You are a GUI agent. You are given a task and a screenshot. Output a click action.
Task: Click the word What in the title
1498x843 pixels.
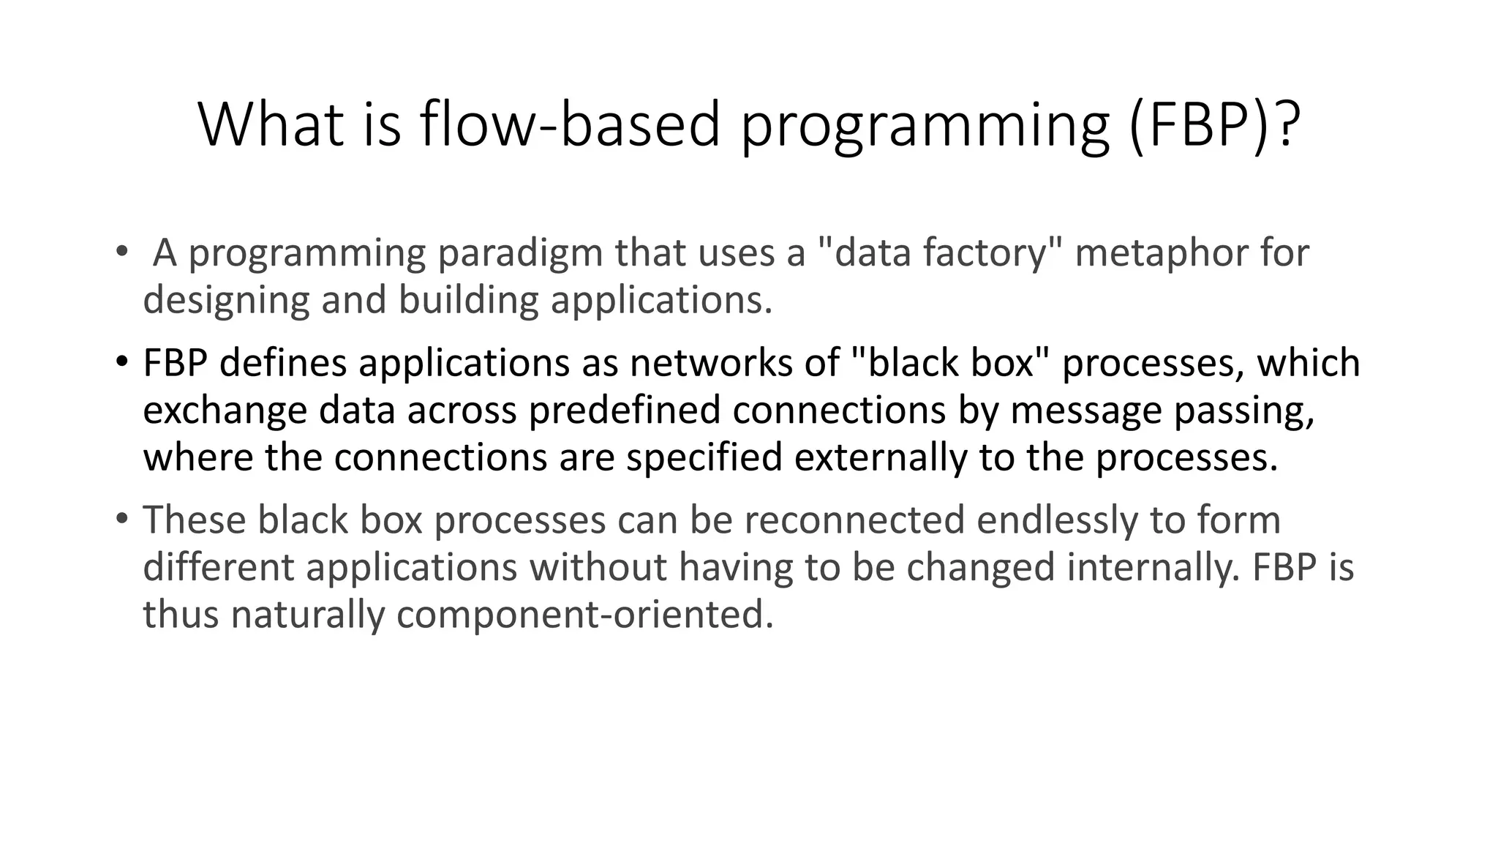pos(271,124)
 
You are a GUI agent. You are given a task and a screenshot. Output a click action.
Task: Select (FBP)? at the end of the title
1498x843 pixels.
pos(1214,124)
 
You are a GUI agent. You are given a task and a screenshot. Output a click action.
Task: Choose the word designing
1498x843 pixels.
pos(226,300)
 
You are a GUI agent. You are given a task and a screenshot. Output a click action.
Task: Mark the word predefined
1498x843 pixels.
pos(625,410)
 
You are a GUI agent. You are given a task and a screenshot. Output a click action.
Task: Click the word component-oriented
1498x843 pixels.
pos(584,614)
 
